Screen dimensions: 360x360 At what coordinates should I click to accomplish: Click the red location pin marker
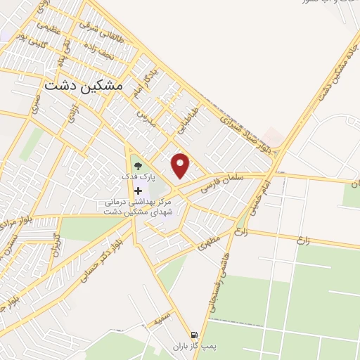tap(182, 165)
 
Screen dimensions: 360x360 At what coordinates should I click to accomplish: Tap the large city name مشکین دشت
tap(84, 84)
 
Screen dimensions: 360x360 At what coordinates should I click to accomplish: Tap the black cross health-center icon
tap(139, 191)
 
